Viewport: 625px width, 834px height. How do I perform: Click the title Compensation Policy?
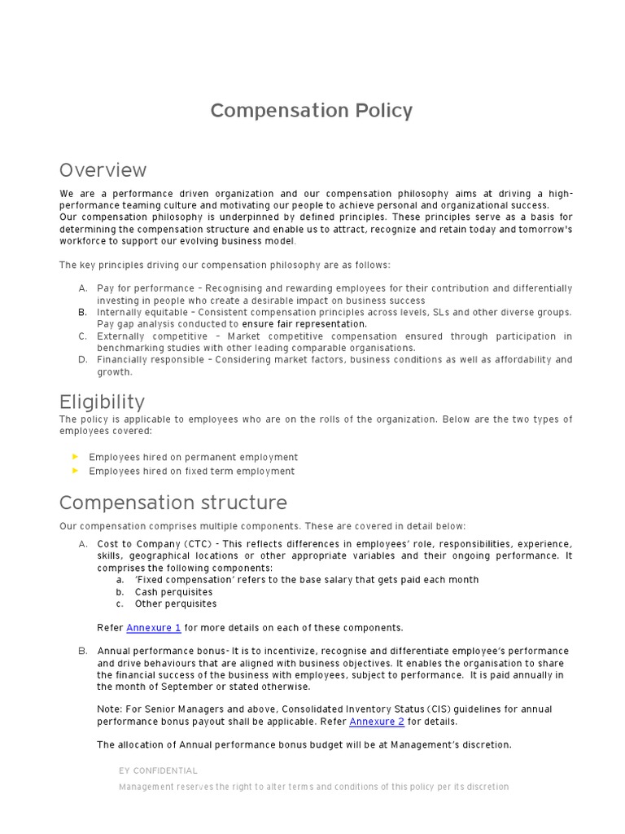312,111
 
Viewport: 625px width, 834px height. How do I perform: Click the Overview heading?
103,170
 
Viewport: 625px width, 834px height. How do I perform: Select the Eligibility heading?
102,402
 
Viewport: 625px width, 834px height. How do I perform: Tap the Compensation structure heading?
173,503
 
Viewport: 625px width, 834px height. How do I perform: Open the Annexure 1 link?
154,628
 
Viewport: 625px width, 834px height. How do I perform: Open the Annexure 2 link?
377,722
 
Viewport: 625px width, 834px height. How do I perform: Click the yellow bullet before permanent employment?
76,457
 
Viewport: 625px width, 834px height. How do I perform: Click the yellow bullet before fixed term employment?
76,471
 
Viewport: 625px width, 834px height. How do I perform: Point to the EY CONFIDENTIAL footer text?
158,770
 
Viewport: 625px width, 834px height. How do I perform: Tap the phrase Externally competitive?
147,336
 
